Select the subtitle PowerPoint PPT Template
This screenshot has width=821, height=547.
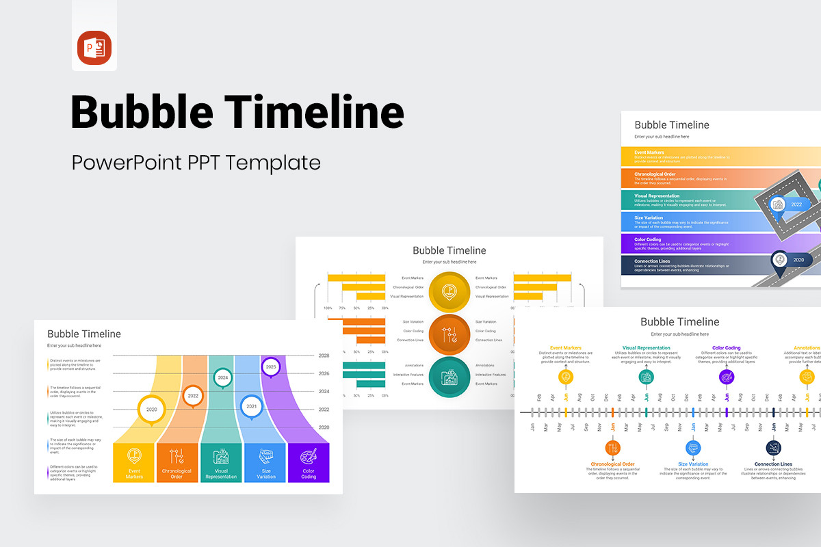pos(196,163)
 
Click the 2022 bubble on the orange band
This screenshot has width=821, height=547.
pos(193,396)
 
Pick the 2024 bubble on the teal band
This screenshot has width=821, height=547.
pos(222,377)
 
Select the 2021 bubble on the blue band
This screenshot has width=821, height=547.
pos(251,407)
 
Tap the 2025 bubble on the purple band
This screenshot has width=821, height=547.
pos(271,367)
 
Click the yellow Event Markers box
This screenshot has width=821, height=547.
pos(134,462)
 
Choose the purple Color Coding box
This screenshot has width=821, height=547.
pos(309,462)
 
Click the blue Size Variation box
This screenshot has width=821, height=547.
pos(265,462)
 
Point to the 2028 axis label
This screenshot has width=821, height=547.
pos(324,356)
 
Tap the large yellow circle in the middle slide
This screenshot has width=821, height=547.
pos(449,291)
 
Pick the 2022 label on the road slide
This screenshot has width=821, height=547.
pos(796,204)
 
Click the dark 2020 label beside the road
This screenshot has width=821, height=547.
pos(798,260)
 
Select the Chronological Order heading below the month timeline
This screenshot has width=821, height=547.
pos(613,464)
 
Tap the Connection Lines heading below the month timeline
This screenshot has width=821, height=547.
pos(773,464)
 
